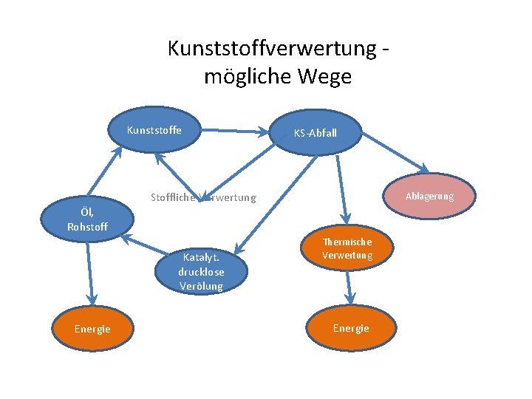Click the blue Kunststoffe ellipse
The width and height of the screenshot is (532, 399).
pos(154,132)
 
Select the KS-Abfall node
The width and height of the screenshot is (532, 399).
pos(316,134)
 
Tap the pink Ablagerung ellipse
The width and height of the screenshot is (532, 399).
pos(429,197)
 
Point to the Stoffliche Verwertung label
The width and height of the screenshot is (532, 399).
pos(203,197)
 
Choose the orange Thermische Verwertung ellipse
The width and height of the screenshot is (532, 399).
pos(347,249)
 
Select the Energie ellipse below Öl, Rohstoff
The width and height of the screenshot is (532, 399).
pos(92,329)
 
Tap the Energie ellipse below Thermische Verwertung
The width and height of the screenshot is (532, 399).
pos(351,328)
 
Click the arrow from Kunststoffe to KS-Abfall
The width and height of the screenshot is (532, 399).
pos(236,132)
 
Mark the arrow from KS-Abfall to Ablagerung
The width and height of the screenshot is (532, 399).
pos(395,151)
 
